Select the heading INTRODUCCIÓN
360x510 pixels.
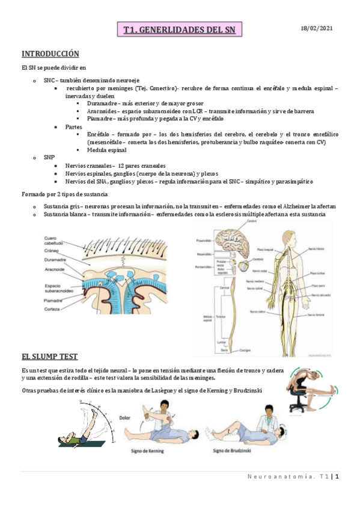pos(50,54)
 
